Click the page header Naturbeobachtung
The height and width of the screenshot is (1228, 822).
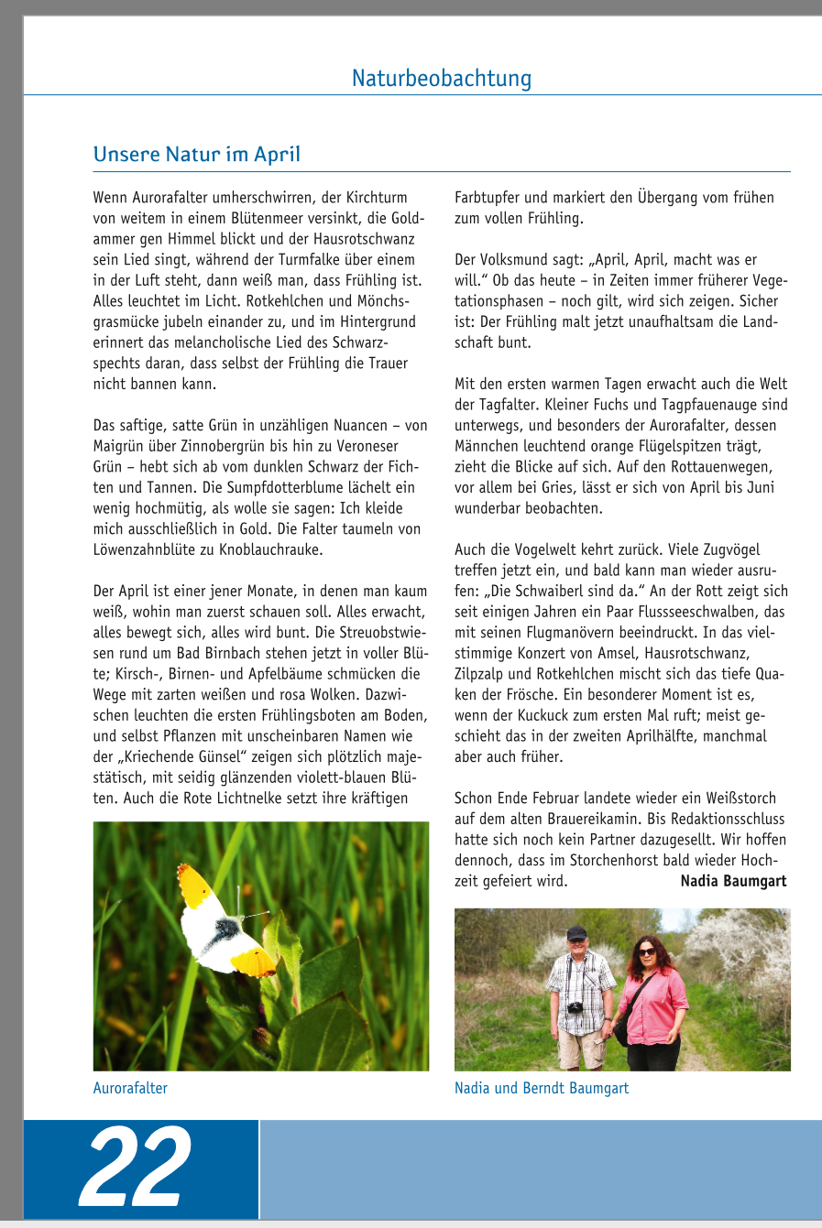(441, 78)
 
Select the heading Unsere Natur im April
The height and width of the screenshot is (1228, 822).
(196, 154)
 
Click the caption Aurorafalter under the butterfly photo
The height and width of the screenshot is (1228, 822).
(130, 1088)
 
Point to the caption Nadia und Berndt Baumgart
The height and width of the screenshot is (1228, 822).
(542, 1088)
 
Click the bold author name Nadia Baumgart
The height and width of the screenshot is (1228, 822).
(733, 881)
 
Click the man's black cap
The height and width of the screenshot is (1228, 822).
(576, 933)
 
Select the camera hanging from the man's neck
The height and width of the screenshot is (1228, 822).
(575, 1007)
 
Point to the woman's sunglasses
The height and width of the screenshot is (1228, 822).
(647, 952)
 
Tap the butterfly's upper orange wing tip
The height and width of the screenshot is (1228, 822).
(194, 884)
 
